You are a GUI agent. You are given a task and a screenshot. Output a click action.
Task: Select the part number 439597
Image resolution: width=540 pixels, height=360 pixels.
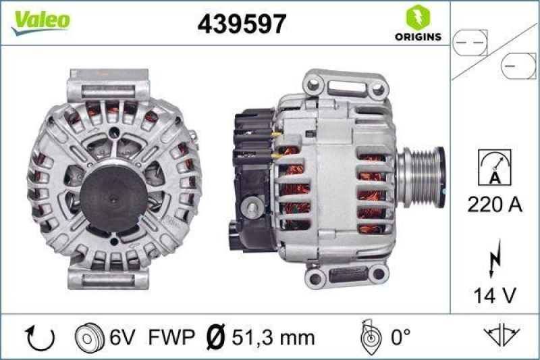point(241,25)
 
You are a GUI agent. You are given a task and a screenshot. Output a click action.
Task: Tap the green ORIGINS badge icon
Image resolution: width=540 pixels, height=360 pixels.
point(414,17)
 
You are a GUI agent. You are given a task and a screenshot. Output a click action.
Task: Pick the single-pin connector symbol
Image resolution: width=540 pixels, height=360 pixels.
point(518,66)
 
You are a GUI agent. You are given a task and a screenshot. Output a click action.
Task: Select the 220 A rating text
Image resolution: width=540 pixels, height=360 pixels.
point(494,205)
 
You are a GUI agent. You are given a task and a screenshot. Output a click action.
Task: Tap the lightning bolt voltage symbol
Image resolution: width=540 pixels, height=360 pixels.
point(495,257)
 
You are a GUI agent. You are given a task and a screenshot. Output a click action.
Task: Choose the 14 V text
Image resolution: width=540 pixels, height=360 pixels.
point(494,294)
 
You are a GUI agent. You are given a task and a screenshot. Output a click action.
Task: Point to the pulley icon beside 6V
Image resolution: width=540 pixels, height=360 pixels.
point(85,336)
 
